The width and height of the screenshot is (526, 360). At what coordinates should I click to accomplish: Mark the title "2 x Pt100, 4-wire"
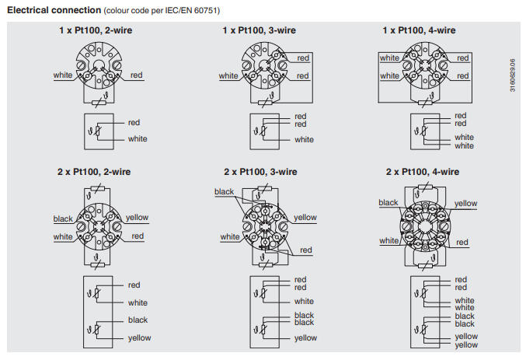click(422, 171)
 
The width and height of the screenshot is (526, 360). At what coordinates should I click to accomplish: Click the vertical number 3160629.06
click(512, 75)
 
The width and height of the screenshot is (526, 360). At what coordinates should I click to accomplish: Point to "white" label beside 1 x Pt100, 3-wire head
click(228, 76)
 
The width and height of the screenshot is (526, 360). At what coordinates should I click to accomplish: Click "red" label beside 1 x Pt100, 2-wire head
click(137, 75)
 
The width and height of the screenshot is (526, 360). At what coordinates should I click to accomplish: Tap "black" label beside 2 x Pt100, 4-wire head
click(388, 203)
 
